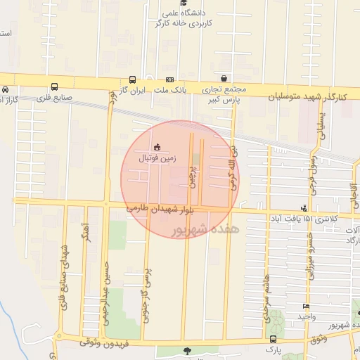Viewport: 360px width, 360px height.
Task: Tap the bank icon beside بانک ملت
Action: click(x=169, y=80)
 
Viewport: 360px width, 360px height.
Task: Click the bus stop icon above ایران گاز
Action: click(x=132, y=80)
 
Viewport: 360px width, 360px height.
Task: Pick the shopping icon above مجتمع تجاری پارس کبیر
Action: click(x=224, y=78)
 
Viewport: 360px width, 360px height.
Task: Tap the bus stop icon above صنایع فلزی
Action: click(x=55, y=86)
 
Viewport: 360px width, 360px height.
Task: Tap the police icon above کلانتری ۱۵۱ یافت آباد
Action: click(x=304, y=208)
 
